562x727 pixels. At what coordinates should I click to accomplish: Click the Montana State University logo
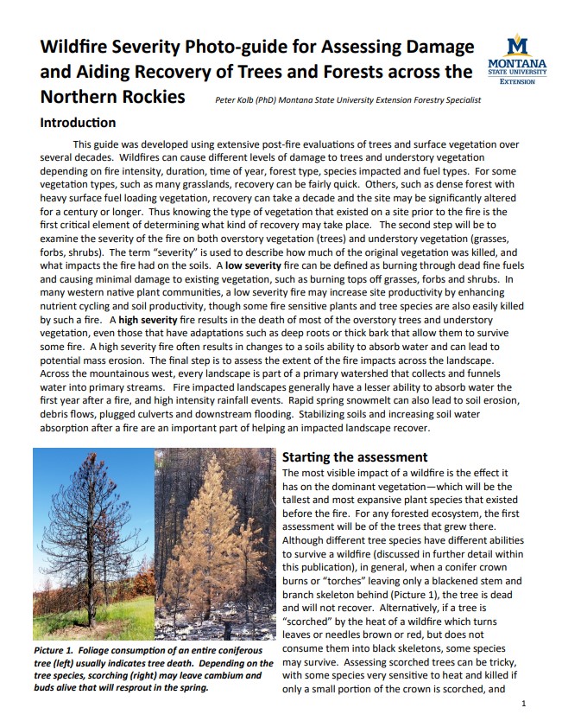pos(517,58)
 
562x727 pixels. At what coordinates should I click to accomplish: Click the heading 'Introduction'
pos(78,123)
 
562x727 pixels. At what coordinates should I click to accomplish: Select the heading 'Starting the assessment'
pos(355,456)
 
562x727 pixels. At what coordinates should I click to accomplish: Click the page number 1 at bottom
pos(524,704)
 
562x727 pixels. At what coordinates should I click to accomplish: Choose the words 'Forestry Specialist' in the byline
pos(438,101)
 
